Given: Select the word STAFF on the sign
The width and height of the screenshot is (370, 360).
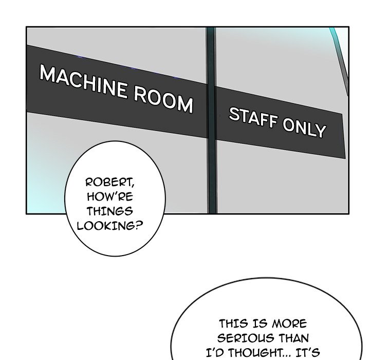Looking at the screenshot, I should pyautogui.click(x=248, y=119).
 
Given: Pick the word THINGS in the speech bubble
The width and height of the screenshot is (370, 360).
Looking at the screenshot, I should pyautogui.click(x=109, y=210).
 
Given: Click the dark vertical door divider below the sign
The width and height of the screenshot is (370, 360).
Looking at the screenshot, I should pyautogui.click(x=211, y=175).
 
